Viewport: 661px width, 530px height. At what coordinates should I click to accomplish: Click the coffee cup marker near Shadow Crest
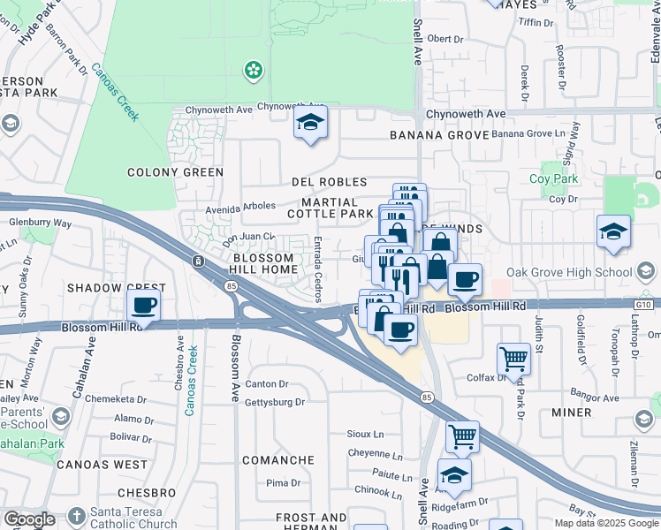144,306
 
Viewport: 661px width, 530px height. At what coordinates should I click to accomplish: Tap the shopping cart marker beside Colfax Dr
513,359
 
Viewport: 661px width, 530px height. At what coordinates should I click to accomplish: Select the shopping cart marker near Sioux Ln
462,435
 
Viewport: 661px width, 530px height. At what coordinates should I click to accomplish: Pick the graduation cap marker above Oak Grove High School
613,232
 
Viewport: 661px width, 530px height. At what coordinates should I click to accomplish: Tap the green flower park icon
254,69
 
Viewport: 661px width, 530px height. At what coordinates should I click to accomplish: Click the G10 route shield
647,305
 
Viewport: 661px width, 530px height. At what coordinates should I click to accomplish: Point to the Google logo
29,519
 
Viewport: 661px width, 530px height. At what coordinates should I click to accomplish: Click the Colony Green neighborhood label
175,172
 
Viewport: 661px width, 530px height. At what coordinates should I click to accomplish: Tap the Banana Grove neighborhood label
439,135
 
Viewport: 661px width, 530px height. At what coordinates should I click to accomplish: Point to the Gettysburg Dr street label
275,402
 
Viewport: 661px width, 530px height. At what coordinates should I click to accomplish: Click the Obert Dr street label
444,39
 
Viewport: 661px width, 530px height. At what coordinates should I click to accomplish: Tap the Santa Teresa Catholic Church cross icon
77,516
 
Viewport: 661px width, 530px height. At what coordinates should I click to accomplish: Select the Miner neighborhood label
571,413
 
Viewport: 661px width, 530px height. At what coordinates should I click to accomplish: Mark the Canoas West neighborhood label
102,464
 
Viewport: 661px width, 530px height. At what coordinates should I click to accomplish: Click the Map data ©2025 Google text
606,523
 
